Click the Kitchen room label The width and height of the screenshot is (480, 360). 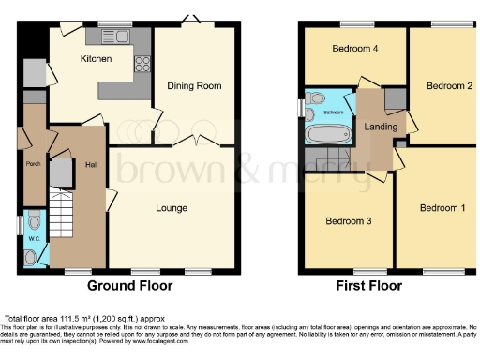point(96,59)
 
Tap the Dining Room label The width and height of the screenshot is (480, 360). point(194,86)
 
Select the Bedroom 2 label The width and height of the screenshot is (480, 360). point(448,86)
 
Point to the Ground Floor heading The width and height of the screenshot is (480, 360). point(131,285)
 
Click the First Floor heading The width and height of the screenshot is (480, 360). point(370,285)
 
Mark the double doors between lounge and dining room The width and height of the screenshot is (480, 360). point(198,142)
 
